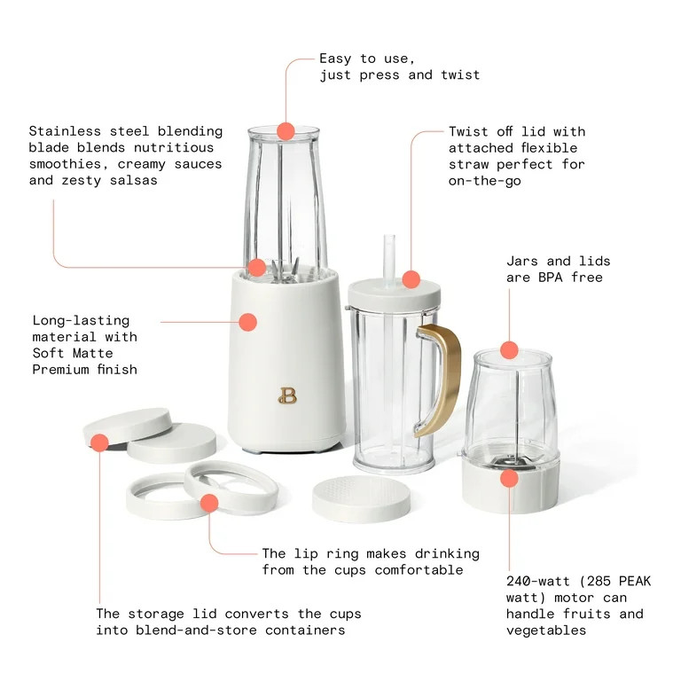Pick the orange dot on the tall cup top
tap(286, 131)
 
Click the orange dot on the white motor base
tap(248, 323)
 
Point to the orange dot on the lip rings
tap(209, 504)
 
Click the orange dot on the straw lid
tap(411, 279)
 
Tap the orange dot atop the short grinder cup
tap(508, 349)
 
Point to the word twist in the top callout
tap(460, 75)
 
